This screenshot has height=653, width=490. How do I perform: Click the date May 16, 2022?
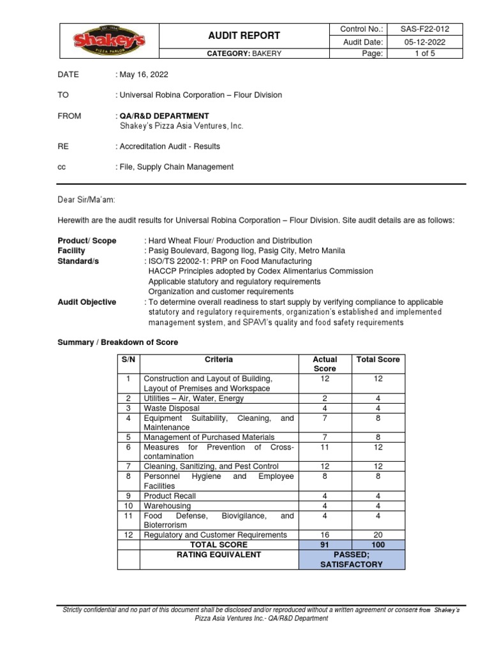(144, 75)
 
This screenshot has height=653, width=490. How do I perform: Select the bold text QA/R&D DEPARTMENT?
(164, 116)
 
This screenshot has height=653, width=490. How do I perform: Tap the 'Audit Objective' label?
(87, 302)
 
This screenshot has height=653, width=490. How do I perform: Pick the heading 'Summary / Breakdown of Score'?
(118, 342)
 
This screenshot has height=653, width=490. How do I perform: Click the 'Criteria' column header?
(219, 360)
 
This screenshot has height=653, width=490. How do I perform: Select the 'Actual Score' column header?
(325, 364)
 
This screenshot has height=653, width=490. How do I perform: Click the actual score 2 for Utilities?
(325, 399)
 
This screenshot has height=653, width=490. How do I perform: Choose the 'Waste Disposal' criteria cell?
(172, 408)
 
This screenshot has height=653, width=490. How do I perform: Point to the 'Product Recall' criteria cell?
(170, 496)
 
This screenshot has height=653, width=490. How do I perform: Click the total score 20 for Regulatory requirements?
(378, 535)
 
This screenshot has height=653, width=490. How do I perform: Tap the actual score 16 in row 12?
(325, 535)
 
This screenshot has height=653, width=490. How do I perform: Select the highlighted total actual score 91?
(325, 545)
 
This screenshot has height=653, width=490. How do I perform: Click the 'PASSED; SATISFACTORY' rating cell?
(352, 560)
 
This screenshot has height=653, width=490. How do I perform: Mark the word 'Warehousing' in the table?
(167, 506)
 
